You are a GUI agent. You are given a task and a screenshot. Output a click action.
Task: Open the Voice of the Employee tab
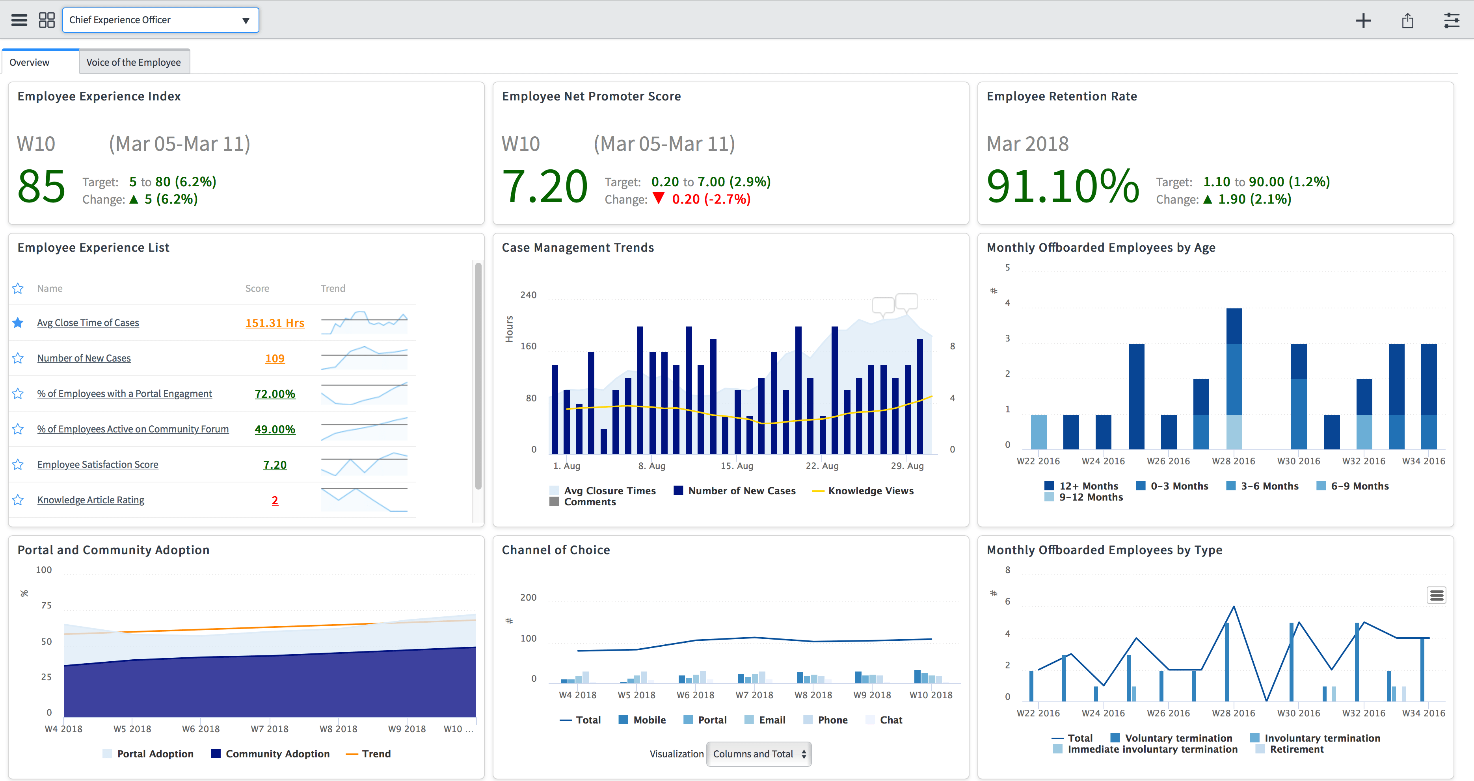click(x=133, y=62)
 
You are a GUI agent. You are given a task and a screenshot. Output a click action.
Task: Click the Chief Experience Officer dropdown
click(x=160, y=20)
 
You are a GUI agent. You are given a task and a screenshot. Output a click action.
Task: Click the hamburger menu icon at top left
click(x=19, y=20)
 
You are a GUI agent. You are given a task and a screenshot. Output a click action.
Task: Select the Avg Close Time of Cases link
click(x=88, y=323)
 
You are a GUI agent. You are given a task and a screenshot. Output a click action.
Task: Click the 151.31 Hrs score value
click(x=275, y=323)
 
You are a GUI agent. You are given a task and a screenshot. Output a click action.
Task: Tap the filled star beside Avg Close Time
click(x=18, y=323)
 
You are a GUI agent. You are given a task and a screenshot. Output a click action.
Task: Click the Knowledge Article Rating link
click(x=90, y=500)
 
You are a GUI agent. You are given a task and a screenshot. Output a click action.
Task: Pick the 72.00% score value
click(x=275, y=394)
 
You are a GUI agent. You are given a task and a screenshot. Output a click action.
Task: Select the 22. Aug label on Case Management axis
click(x=822, y=466)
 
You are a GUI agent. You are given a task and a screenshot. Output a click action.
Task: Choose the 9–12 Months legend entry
click(x=1090, y=497)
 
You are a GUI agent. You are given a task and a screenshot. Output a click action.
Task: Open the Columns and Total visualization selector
click(x=758, y=754)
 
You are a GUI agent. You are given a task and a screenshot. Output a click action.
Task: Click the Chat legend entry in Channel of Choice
click(x=890, y=720)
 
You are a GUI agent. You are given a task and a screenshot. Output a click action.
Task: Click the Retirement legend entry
click(x=1296, y=749)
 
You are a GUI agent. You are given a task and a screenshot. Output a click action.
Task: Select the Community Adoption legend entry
click(x=277, y=754)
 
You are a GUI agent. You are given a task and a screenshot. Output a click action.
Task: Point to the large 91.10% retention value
click(x=1063, y=186)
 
